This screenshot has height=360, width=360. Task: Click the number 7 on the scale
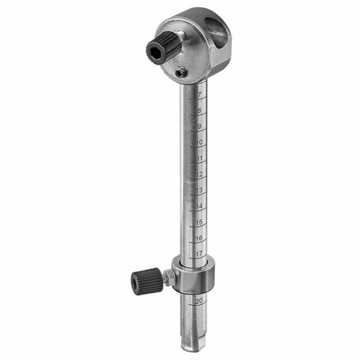199,94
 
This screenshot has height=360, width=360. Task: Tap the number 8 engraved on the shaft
199,110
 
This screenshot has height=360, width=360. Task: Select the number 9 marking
199,126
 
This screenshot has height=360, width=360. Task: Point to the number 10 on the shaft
199,142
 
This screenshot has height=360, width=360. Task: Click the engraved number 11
200,158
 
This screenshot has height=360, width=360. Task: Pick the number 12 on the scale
200,174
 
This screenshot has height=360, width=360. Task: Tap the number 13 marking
199,190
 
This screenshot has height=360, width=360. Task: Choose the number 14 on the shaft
199,206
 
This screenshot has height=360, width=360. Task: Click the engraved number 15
199,222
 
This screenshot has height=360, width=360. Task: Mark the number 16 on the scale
199,238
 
